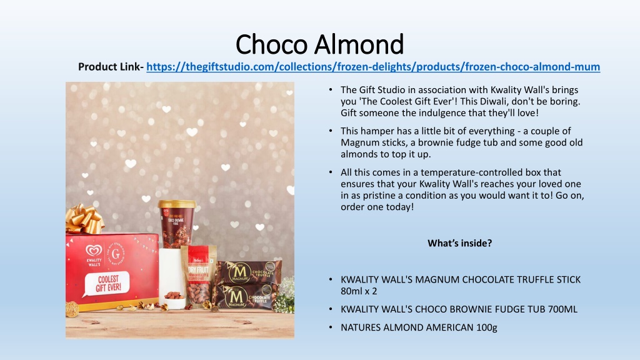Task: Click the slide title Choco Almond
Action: pos(319,44)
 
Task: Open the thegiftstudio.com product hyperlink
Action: pos(373,66)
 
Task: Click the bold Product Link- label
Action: pos(111,66)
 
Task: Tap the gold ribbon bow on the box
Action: pos(84,219)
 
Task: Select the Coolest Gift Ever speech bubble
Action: pos(106,284)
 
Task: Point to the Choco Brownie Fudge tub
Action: pos(176,224)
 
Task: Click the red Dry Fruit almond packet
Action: pos(199,277)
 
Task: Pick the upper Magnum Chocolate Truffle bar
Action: pos(249,272)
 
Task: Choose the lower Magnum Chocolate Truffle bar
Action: pos(246,297)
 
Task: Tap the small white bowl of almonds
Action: pos(174,301)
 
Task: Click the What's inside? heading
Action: pos(459,243)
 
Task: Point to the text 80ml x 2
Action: pos(359,291)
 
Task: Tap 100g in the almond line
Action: pos(486,327)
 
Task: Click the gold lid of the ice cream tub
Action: pos(177,204)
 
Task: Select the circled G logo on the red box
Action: pos(116,254)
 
